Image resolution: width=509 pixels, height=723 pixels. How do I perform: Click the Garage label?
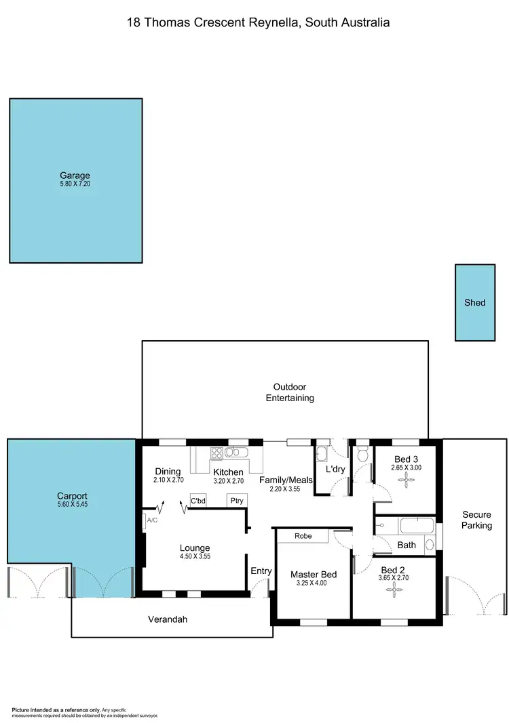(75, 175)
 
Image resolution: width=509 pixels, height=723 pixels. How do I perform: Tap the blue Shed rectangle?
(475, 302)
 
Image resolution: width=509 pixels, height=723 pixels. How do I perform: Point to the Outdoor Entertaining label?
(290, 392)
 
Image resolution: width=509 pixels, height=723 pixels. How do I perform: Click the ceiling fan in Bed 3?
(407, 480)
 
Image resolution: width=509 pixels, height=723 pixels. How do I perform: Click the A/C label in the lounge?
(152, 520)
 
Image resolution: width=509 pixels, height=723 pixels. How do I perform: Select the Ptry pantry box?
(237, 501)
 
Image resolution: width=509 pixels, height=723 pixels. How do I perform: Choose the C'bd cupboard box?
(198, 501)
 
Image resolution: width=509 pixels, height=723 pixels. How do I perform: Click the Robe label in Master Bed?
(303, 536)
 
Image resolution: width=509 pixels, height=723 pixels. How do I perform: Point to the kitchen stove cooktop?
(217, 453)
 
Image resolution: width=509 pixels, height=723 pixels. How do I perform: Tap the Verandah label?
(168, 619)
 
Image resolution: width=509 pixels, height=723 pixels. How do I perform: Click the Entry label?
(261, 571)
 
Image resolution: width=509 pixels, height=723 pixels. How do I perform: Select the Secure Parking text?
(476, 520)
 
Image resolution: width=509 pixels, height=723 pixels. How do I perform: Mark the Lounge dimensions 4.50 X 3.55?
(195, 557)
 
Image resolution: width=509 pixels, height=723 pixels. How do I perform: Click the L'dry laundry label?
(336, 469)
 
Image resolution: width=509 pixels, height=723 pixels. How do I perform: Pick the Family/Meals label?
(286, 480)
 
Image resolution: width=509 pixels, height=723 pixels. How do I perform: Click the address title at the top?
(259, 22)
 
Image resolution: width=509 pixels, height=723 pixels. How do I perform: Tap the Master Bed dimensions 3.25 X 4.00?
(312, 583)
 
